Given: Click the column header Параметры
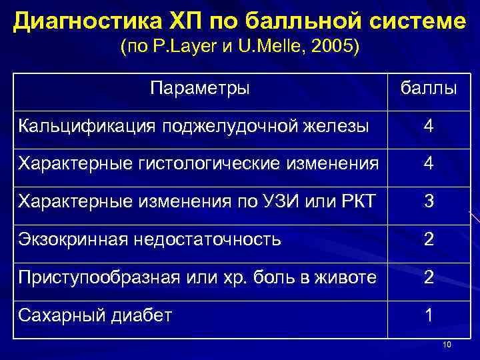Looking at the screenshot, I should click(200, 88).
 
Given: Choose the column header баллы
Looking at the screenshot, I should click(428, 88).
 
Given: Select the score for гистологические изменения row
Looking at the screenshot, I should click(428, 163).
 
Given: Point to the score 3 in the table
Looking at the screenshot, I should click(428, 201).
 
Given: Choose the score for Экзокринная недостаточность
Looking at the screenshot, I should click(428, 239).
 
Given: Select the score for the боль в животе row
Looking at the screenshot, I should click(428, 277).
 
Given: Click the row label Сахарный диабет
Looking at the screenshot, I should click(95, 315).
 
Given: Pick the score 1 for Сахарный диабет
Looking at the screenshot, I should click(428, 315).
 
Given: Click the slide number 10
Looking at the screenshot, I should click(447, 344).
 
